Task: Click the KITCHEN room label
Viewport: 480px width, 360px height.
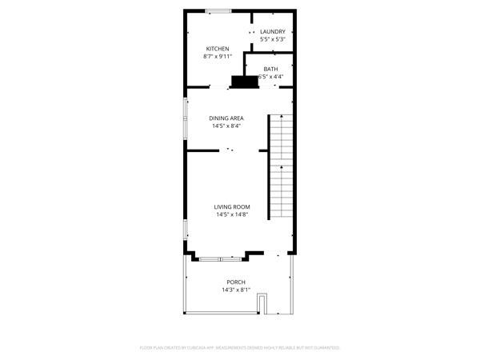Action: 218,49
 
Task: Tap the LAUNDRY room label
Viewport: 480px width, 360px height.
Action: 273,32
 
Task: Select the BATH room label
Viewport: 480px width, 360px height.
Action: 271,69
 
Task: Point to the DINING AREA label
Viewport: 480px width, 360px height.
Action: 226,118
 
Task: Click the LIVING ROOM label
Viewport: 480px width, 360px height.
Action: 231,207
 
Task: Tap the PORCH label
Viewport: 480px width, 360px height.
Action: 236,282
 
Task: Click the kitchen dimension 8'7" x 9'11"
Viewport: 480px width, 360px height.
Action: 217,57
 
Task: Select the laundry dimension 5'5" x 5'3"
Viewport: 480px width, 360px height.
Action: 273,39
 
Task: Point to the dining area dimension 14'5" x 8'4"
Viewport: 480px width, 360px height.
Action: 226,126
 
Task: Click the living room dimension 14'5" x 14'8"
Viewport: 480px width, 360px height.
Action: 231,214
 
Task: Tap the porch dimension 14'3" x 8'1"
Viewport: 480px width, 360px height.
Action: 236,290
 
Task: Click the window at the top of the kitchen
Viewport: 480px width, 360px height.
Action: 218,10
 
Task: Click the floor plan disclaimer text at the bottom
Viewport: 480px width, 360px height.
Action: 240,348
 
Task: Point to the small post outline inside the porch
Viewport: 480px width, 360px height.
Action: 262,303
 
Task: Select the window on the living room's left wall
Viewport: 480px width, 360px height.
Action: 186,227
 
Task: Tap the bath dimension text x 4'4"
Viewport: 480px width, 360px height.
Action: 274,77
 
